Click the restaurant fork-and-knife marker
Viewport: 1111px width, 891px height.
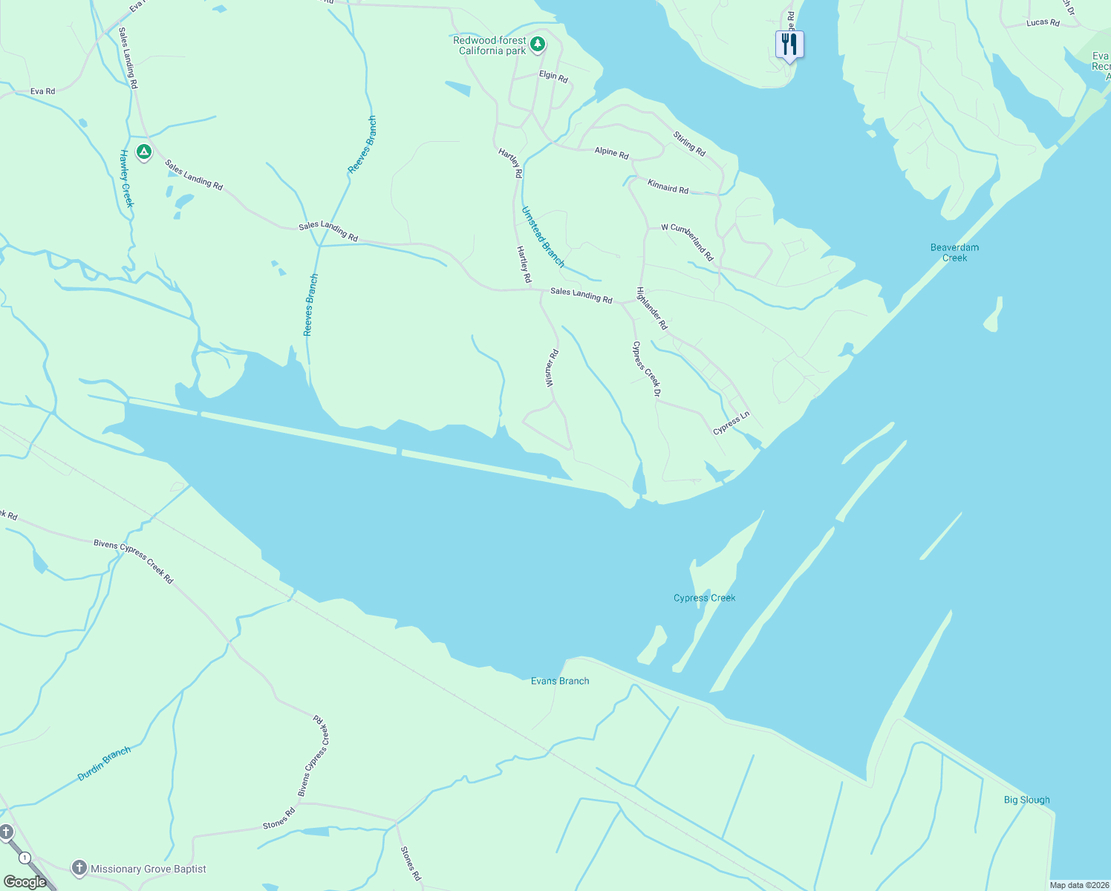789,45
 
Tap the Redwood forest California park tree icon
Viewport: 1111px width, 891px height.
538,45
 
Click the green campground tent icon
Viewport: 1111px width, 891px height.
144,152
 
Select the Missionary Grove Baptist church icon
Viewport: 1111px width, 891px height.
79,868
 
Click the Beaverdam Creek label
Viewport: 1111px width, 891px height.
954,252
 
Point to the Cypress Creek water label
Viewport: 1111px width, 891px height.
704,598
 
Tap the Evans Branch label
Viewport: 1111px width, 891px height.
560,681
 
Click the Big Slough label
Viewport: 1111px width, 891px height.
1026,800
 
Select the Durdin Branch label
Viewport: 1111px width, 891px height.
104,764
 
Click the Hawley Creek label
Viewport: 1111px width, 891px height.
127,178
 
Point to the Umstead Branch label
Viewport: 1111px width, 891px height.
542,236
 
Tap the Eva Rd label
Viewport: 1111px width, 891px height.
42,91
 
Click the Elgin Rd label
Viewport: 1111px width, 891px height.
553,76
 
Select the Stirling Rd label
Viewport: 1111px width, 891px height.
689,143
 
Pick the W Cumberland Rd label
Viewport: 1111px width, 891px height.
688,241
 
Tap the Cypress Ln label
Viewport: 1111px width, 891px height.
732,423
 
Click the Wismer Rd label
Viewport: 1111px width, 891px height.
550,368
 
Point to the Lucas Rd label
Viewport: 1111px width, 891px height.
1043,23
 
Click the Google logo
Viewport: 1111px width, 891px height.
25,882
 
